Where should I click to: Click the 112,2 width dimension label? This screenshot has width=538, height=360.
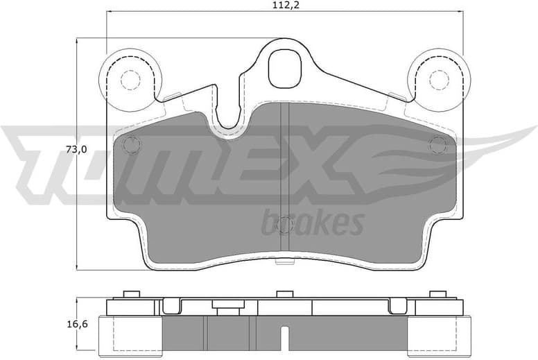(x=285, y=6)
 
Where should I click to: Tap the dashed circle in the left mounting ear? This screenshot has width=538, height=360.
(x=130, y=80)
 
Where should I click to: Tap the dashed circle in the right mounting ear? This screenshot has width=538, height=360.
(x=439, y=80)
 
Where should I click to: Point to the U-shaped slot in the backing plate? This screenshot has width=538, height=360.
(x=229, y=111)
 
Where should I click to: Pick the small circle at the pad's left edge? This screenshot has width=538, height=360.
(x=130, y=145)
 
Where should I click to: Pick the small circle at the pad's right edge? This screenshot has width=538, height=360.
(x=438, y=145)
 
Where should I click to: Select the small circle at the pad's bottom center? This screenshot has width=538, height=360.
(x=285, y=225)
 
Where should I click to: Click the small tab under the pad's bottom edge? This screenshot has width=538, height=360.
(x=285, y=262)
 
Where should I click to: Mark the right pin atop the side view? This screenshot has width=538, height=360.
(x=437, y=295)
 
